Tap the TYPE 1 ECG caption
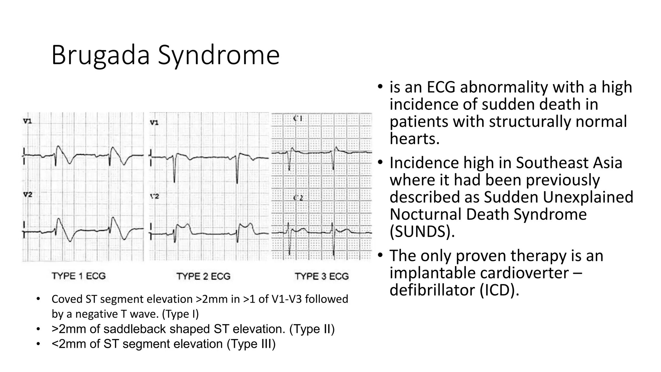pos(79,276)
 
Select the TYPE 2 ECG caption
pos(203,276)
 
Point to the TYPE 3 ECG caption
pos(322,276)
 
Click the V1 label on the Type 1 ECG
pos(27,121)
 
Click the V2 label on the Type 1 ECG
pos(27,195)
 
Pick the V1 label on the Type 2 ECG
pos(154,123)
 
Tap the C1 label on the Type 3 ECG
pos(298,119)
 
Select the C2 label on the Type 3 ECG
pos(298,198)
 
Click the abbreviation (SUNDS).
pos(422,231)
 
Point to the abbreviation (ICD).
pos(499,290)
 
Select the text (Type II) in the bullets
pos(312,329)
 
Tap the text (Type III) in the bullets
pos(251,344)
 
